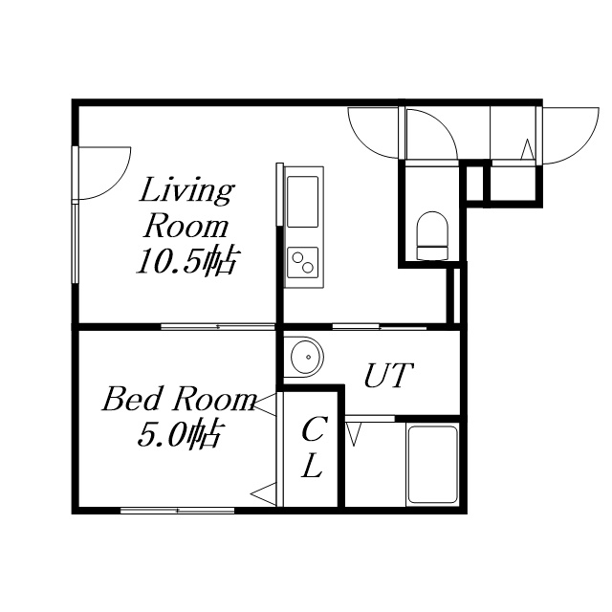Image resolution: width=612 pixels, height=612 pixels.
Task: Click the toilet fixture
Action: pyautogui.click(x=432, y=235)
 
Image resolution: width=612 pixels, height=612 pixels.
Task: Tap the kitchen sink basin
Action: pyautogui.click(x=302, y=202)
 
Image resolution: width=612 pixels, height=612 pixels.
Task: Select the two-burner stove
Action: pyautogui.click(x=302, y=262)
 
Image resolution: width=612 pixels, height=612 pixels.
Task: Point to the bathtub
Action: pyautogui.click(x=432, y=465)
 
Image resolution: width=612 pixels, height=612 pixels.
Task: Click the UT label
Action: pyautogui.click(x=388, y=375)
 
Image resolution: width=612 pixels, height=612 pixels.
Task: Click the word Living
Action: pyautogui.click(x=186, y=191)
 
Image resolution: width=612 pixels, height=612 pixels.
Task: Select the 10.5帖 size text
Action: pyautogui.click(x=186, y=261)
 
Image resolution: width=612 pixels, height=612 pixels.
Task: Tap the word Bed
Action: pyautogui.click(x=131, y=400)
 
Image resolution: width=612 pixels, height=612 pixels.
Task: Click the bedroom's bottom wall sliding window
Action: pyautogui.click(x=178, y=510)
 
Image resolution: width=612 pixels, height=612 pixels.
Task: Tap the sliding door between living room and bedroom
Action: pyautogui.click(x=218, y=326)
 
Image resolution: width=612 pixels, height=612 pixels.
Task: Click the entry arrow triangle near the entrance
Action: pyautogui.click(x=528, y=149)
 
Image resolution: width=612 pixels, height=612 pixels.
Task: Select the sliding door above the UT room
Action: pyautogui.click(x=379, y=326)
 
